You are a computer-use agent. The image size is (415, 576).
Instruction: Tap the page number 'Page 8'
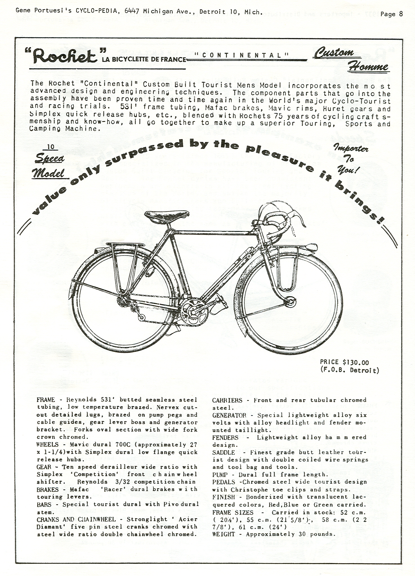coord(391,14)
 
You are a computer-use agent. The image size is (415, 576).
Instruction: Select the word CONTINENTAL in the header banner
coord(241,55)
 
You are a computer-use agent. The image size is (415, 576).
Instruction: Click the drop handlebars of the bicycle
coord(282,222)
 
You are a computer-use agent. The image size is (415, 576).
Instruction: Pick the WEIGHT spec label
coord(223,534)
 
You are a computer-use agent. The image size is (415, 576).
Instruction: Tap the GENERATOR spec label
coord(229,415)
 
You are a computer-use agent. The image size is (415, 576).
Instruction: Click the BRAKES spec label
coord(48,490)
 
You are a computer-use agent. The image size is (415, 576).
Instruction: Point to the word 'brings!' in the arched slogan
coord(360,203)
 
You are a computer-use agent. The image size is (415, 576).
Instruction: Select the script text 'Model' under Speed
coord(48,173)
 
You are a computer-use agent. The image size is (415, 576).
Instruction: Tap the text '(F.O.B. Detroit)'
coord(349,370)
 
